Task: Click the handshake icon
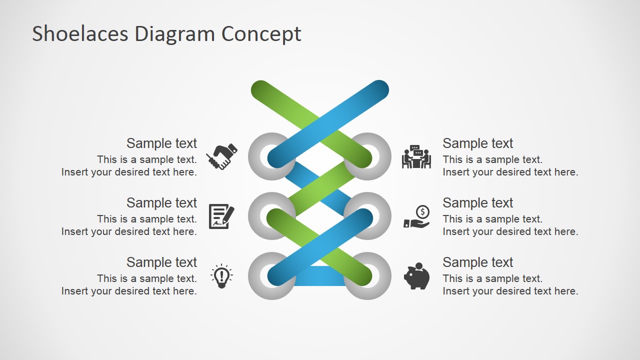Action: (221, 156)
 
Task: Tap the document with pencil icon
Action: (221, 216)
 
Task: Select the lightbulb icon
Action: (221, 276)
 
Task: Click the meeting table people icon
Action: (416, 156)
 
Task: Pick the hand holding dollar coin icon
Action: (416, 217)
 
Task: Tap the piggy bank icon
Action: (416, 276)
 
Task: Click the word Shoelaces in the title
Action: (80, 34)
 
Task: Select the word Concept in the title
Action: (261, 34)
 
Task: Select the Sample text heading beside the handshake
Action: (161, 143)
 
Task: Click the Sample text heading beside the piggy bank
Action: (477, 262)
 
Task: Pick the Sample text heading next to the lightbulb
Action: (161, 262)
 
